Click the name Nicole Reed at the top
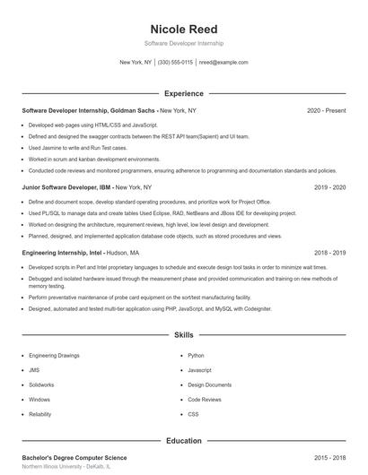(x=184, y=30)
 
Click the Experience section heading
(x=184, y=93)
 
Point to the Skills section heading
(x=184, y=335)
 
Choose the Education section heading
(x=184, y=441)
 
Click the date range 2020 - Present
(x=326, y=110)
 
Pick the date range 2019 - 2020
(x=329, y=188)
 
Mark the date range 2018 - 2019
(x=329, y=254)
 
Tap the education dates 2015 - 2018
(x=329, y=458)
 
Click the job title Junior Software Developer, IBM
(x=67, y=188)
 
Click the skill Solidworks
(x=41, y=384)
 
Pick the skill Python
(x=196, y=356)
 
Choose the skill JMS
(x=34, y=370)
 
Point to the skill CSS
(x=193, y=414)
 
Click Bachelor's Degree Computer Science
(x=74, y=458)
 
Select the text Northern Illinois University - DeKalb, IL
(x=66, y=467)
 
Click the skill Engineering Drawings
(x=55, y=356)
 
